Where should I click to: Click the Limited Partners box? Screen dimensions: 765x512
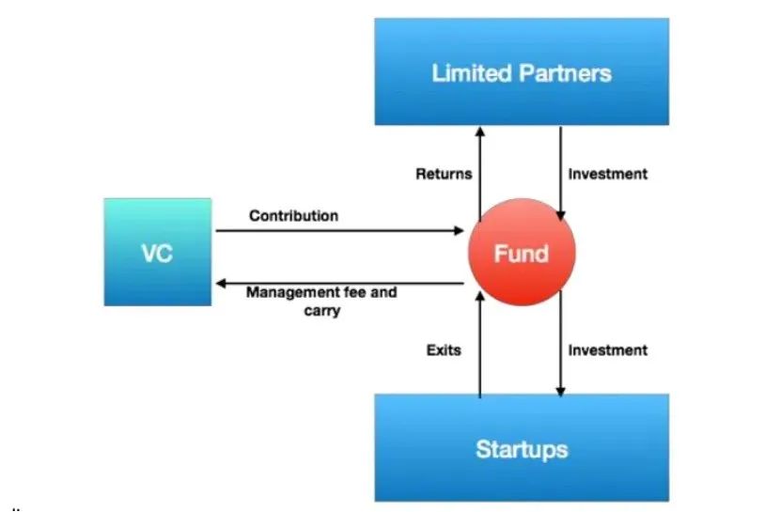coord(522,71)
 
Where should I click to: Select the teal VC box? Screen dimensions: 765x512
coord(158,252)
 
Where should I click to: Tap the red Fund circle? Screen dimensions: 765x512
coord(522,252)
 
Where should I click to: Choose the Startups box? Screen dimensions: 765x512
coord(522,447)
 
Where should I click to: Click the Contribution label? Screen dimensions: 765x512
coord(294,215)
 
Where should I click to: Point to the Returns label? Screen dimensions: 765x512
coord(444,174)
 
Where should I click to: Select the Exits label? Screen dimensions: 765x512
coord(444,349)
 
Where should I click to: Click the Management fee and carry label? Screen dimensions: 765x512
coord(321,302)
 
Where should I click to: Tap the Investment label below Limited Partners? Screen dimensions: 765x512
coord(607,174)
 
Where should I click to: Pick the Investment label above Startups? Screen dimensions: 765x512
coord(607,349)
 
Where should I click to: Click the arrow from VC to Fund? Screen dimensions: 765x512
coord(339,230)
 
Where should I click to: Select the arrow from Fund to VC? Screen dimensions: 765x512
coord(339,283)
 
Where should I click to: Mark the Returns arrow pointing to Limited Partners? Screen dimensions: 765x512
coord(480,175)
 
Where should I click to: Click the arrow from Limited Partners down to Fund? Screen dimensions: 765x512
coord(560,174)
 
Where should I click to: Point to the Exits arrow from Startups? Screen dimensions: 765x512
coord(480,345)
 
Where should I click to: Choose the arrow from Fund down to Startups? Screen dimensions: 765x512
coord(560,343)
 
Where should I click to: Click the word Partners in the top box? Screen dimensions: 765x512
coord(565,73)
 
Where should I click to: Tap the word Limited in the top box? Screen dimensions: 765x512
coord(471,73)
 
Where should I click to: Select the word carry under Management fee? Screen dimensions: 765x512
coord(322,311)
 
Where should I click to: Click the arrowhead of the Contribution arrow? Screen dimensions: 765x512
coord(460,230)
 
